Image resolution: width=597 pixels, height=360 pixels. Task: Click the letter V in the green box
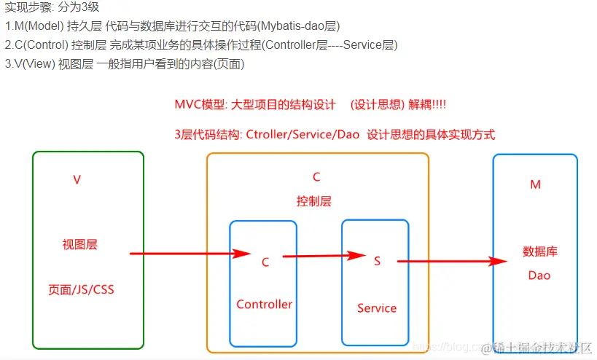click(77, 179)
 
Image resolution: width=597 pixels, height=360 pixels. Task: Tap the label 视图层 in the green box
click(79, 245)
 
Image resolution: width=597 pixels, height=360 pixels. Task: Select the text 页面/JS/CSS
click(81, 289)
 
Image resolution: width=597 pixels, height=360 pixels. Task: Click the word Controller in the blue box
click(264, 305)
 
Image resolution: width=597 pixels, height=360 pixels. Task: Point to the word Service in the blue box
click(377, 308)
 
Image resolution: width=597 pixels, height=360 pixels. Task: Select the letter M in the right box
click(535, 185)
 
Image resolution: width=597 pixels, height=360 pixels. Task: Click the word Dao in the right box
click(539, 275)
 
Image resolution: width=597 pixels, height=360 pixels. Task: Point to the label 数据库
click(540, 251)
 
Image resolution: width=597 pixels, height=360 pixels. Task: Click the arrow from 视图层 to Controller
click(190, 254)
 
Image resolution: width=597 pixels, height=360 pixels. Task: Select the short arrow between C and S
click(324, 256)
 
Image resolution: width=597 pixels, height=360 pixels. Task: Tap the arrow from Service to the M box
click(452, 261)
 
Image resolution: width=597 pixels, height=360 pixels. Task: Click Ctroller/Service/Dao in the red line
click(303, 134)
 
